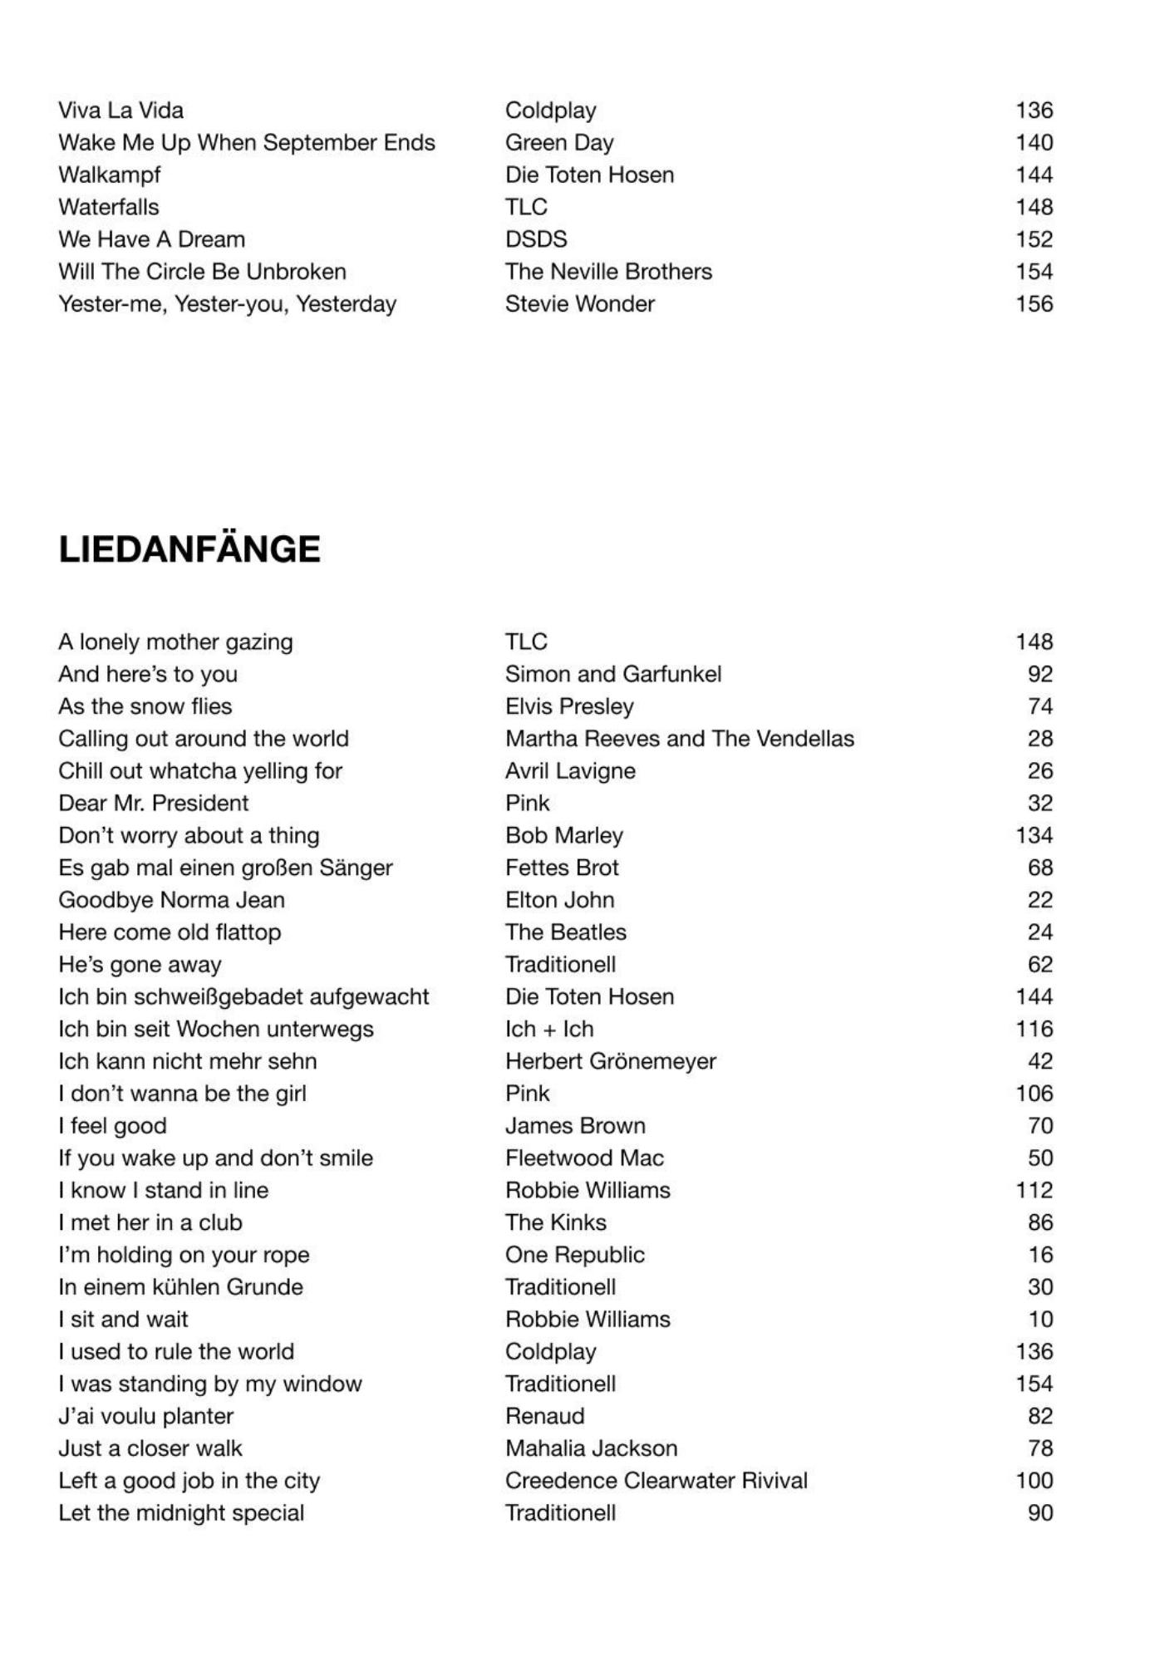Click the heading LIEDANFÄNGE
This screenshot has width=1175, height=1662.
tap(189, 550)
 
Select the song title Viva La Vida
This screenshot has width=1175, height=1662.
tap(121, 111)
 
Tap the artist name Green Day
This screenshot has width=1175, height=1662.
tap(559, 143)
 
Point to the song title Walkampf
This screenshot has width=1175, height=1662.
tap(110, 175)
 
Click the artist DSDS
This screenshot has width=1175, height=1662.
tap(536, 239)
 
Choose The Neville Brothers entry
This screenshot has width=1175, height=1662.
tap(608, 272)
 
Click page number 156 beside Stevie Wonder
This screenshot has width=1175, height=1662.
tap(1034, 304)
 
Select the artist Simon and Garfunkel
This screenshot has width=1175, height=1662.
tap(613, 674)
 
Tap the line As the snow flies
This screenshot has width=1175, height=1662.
tap(145, 706)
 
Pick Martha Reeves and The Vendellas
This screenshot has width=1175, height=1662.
tap(680, 739)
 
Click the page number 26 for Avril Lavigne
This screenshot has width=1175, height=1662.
tap(1040, 771)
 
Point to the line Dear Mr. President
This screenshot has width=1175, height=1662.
tap(154, 804)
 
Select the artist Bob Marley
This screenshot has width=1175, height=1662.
tap(564, 835)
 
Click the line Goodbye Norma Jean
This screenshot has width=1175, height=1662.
tap(172, 900)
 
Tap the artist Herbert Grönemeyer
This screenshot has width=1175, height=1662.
tap(611, 1061)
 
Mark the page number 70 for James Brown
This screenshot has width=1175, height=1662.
tap(1040, 1126)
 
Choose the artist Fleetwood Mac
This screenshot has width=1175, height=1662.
tap(585, 1158)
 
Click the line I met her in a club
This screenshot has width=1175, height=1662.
tap(150, 1222)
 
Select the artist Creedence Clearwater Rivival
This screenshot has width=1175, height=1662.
tap(656, 1481)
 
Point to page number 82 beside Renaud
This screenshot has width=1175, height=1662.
tap(1040, 1416)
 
